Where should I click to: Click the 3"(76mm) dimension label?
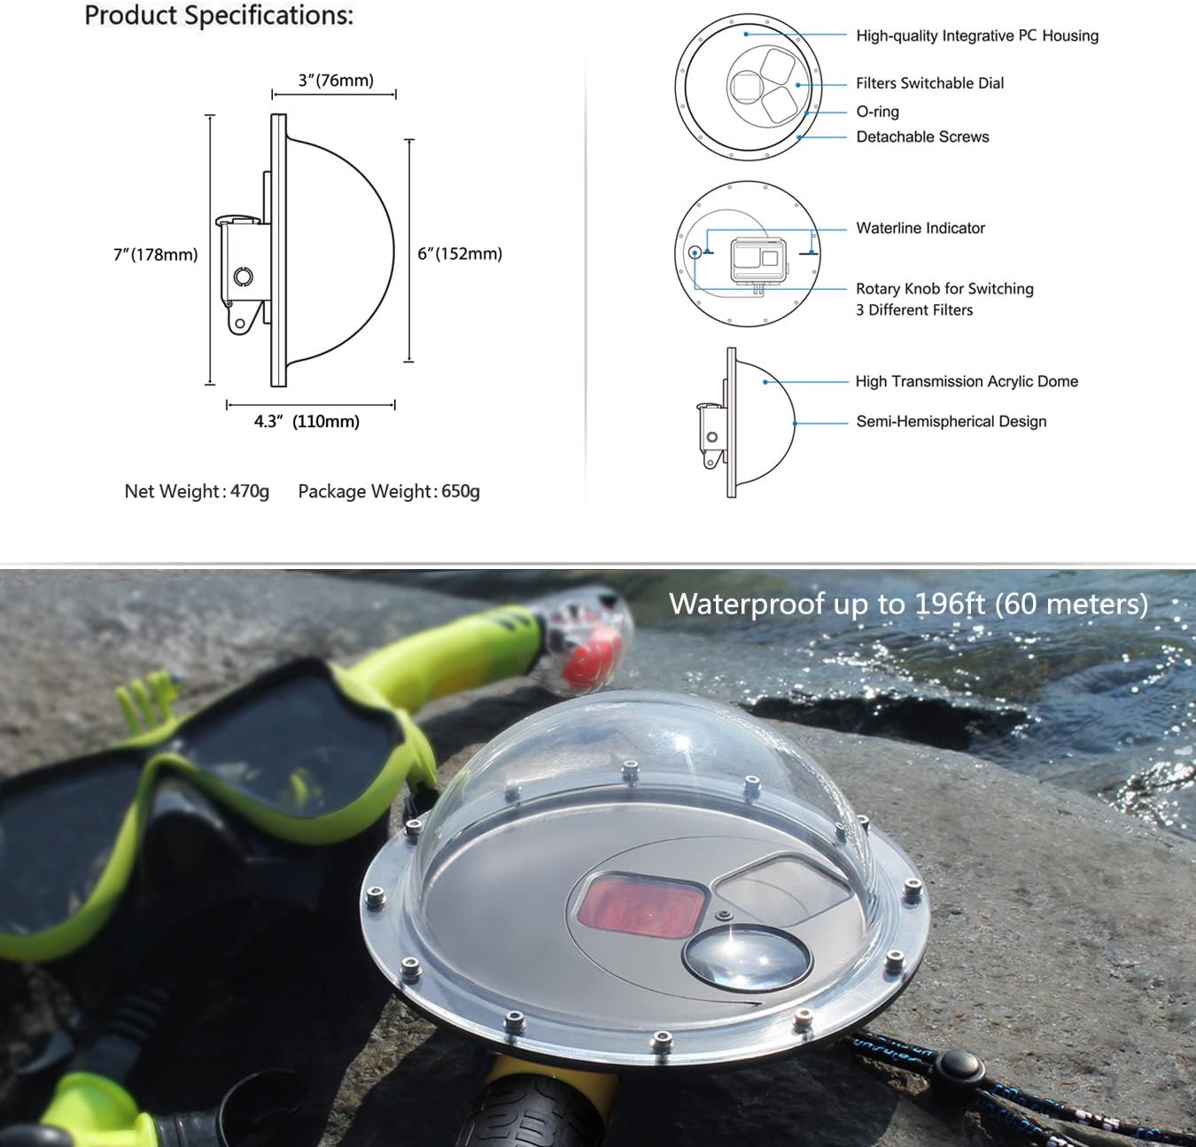pos(336,81)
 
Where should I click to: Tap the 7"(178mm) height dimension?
pos(155,254)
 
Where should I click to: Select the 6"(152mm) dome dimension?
pos(460,254)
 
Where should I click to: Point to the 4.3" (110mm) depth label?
pos(307,421)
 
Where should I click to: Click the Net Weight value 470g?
pos(250,491)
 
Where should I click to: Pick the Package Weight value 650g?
pos(461,491)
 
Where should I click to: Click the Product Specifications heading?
pos(219,16)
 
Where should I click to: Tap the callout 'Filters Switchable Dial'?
pos(929,83)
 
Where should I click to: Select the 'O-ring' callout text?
pos(877,112)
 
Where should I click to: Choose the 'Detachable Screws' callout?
pos(922,137)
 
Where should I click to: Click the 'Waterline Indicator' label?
pos(920,228)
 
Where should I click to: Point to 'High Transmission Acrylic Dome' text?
pos(967,381)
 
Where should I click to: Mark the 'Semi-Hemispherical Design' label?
pos(951,422)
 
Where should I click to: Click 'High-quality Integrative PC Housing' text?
pos(976,35)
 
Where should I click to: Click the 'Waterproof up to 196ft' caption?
pos(908,604)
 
